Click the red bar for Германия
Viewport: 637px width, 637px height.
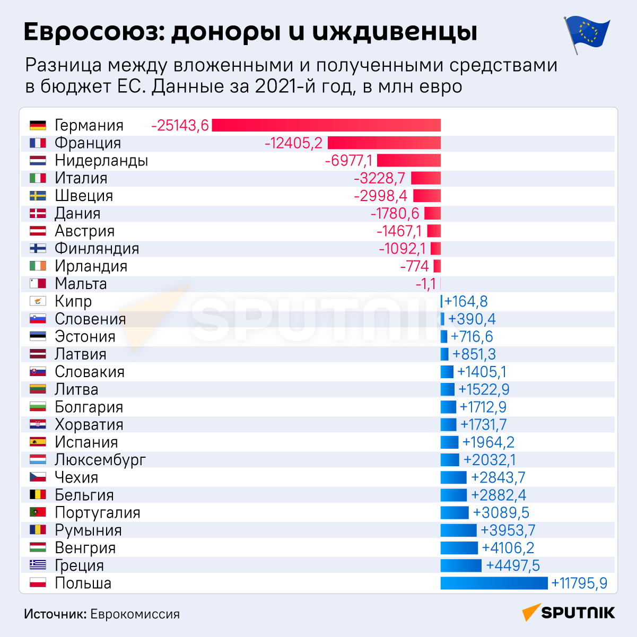click(326, 125)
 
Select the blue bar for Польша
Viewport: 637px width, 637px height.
click(494, 583)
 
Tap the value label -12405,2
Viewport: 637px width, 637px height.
click(293, 143)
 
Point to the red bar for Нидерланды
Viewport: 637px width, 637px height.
click(409, 160)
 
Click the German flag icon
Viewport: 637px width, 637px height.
click(38, 125)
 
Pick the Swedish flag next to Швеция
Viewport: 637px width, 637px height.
click(38, 196)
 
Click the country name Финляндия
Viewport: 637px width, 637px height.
click(97, 249)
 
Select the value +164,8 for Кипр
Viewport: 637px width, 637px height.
click(466, 301)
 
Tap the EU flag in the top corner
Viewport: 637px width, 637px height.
click(587, 34)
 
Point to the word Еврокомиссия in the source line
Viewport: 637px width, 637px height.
click(135, 614)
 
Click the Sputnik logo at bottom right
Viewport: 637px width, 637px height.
click(568, 613)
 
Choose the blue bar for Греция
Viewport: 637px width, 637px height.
click(461, 565)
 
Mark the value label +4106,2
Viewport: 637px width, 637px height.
click(508, 548)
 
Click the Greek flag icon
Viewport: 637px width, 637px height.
click(38, 565)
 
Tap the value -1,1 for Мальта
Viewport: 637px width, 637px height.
click(425, 284)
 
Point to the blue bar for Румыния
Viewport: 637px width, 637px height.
click(458, 530)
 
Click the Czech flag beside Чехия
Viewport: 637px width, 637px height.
click(38, 477)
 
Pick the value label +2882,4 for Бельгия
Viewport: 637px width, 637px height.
click(498, 495)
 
